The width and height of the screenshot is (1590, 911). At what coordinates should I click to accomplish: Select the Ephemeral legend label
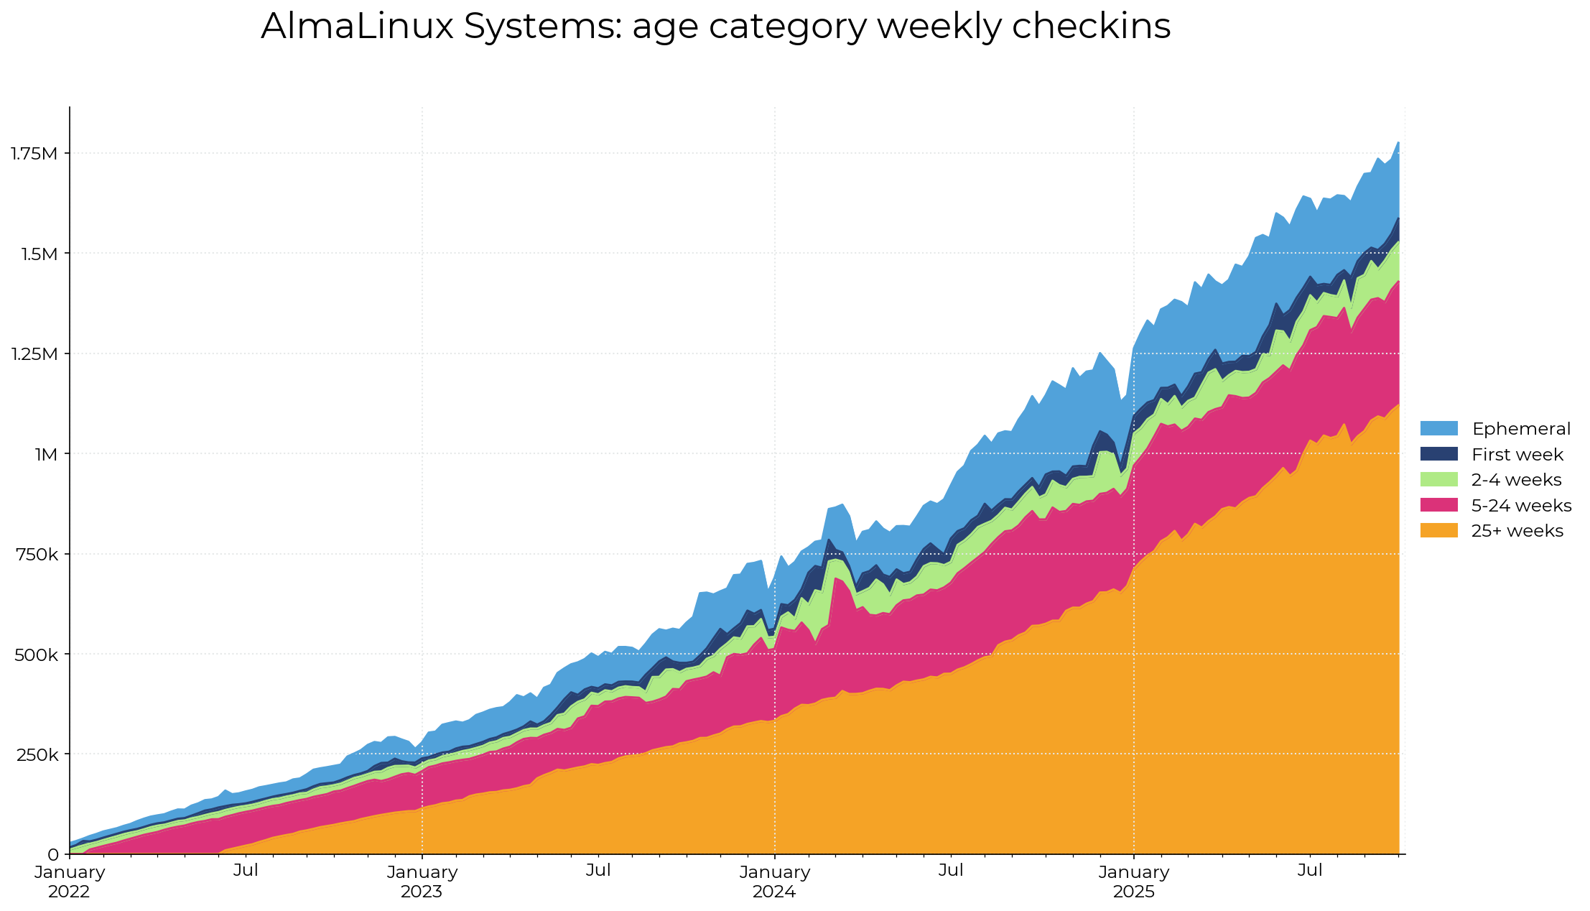point(1521,429)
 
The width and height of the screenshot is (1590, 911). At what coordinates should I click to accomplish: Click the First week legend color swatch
point(1438,454)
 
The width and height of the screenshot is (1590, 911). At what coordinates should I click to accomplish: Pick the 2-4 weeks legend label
point(1516,480)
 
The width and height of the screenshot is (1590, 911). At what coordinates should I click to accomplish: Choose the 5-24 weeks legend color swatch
point(1438,505)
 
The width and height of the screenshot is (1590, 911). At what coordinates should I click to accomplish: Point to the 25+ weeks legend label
point(1517,531)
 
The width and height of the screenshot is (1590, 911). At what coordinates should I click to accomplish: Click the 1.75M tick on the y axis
point(34,153)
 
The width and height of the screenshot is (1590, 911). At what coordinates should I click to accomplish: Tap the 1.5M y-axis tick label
point(37,254)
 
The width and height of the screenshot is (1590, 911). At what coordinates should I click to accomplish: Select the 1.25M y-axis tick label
point(34,353)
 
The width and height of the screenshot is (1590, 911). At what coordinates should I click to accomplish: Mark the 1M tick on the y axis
point(45,454)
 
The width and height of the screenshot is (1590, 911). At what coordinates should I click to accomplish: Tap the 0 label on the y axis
point(53,854)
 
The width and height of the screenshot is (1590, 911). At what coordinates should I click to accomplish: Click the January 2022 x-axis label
point(70,882)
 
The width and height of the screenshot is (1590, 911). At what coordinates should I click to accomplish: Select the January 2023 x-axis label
point(422,882)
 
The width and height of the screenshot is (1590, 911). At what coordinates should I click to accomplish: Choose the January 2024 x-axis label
point(775,882)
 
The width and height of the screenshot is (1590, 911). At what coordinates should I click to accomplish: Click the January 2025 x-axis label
point(1134,882)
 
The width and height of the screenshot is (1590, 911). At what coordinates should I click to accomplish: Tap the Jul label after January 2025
point(1310,871)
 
